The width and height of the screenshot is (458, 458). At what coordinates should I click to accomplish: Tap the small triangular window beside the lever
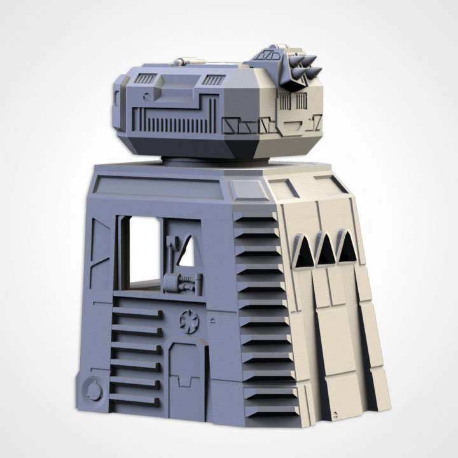(187, 253)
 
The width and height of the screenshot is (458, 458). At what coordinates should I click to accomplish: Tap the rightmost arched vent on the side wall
(347, 248)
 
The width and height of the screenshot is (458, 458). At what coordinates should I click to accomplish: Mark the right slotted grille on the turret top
(213, 80)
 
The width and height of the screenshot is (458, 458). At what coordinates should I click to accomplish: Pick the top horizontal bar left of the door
(135, 311)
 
